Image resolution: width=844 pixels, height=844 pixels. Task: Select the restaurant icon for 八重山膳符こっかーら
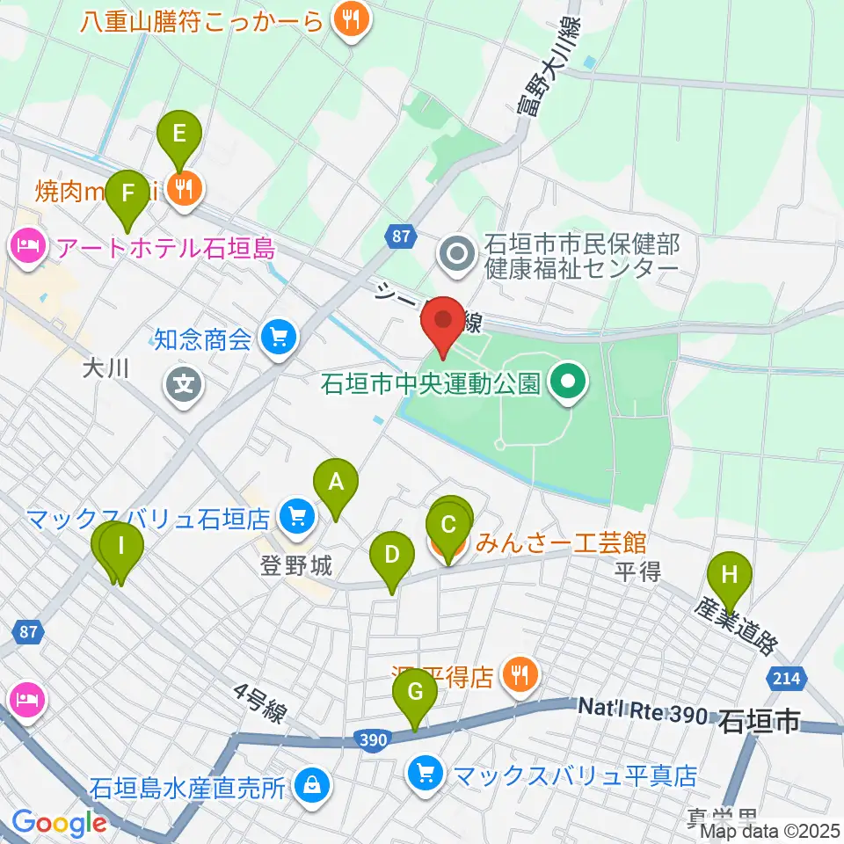tap(350, 22)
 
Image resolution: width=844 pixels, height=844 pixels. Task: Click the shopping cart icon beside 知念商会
tap(280, 337)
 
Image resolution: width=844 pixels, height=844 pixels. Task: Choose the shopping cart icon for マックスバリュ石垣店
tap(298, 517)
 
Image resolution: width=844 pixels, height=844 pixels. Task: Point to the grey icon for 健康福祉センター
tap(458, 256)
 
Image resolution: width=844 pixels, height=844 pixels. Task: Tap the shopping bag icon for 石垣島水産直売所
tap(312, 784)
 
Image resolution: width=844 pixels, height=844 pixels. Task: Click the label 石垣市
tap(760, 723)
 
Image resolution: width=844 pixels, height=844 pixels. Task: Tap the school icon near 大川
tap(183, 384)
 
